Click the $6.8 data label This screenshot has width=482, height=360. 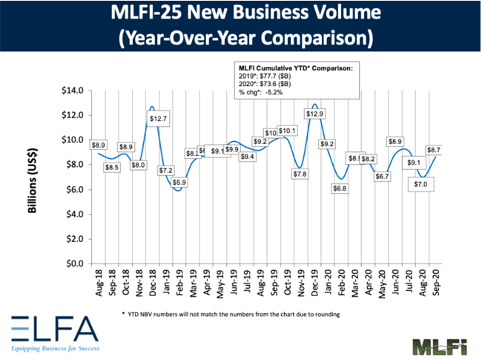click(339, 188)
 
